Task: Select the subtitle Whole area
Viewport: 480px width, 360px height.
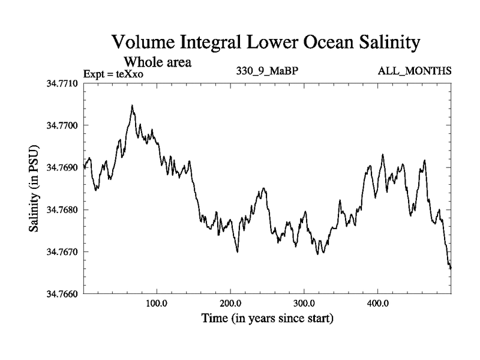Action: click(157, 62)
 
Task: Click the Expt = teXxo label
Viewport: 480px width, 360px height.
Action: click(114, 74)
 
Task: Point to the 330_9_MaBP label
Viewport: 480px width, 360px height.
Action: click(268, 71)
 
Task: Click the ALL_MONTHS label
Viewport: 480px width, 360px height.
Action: click(415, 71)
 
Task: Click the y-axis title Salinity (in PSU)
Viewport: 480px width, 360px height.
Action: click(34, 188)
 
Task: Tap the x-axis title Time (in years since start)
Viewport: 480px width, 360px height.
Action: click(267, 318)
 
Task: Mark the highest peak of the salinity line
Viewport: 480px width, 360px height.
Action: click(132, 106)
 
